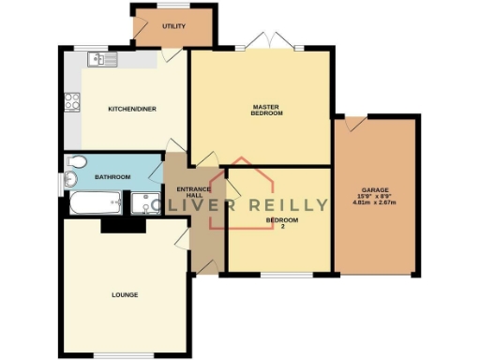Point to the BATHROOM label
[x=112, y=176]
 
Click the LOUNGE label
[x=125, y=295]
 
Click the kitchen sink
[x=101, y=61]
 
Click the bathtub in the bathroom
[x=94, y=202]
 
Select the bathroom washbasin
[x=71, y=179]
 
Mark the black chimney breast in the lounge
[x=122, y=222]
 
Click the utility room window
[x=174, y=7]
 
